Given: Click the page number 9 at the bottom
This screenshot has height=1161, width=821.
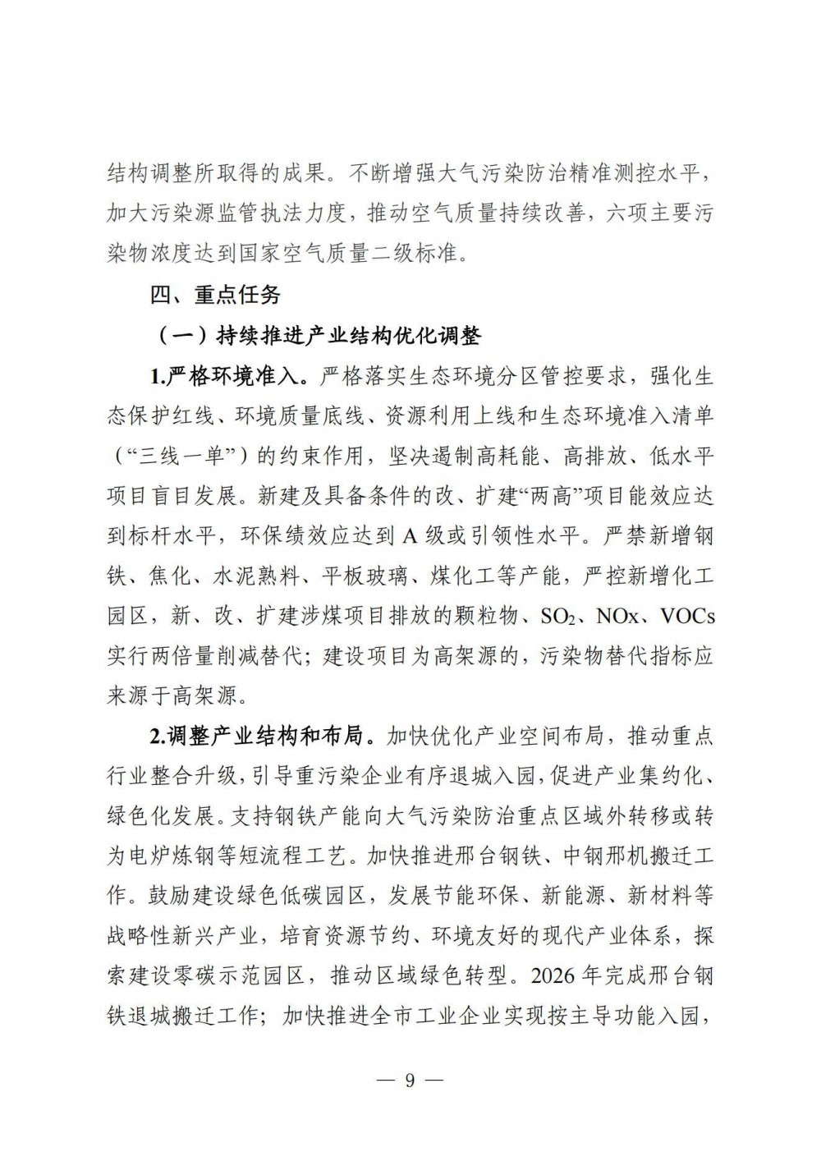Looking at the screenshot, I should click(x=410, y=1080).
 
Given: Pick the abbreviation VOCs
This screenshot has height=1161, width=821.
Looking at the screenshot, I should click(x=683, y=615).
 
